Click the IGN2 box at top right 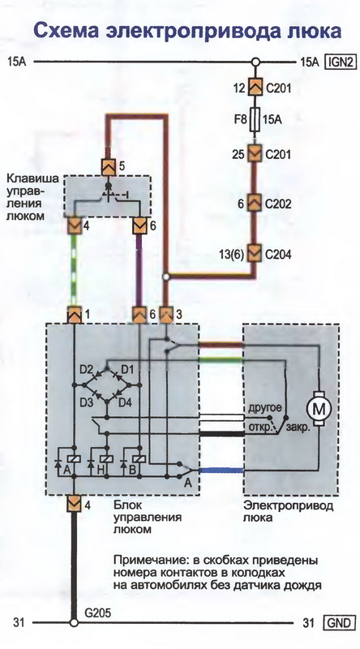pos(341,62)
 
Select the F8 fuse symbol pos(255,120)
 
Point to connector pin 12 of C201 pos(255,88)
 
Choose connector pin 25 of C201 pos(255,154)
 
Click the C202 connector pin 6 pos(255,204)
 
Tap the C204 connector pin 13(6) pos(255,253)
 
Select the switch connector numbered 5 pos(109,167)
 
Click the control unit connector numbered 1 pos(75,315)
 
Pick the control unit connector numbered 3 pos(166,315)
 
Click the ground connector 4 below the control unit pos(75,504)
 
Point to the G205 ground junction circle pos(75,622)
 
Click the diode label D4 pos(126,402)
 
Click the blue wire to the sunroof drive pos(221,471)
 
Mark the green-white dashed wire pos(75,271)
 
